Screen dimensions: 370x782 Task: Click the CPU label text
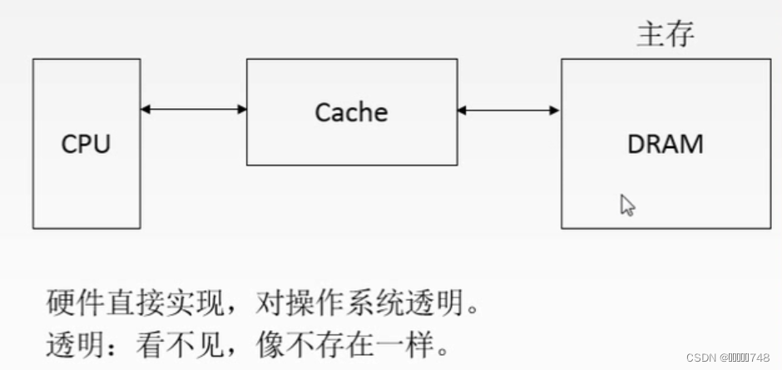click(86, 144)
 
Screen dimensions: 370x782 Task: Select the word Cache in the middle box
click(351, 111)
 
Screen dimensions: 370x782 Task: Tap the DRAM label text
click(665, 144)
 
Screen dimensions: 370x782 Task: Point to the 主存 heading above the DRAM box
click(666, 34)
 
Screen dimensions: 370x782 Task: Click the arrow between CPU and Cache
click(193, 109)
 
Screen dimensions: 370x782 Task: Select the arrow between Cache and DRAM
click(508, 109)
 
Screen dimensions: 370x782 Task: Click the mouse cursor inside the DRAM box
click(627, 205)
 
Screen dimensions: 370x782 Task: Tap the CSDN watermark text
click(728, 357)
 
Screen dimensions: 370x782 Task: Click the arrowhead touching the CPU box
click(146, 109)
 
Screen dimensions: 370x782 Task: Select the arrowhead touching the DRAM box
click(555, 109)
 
